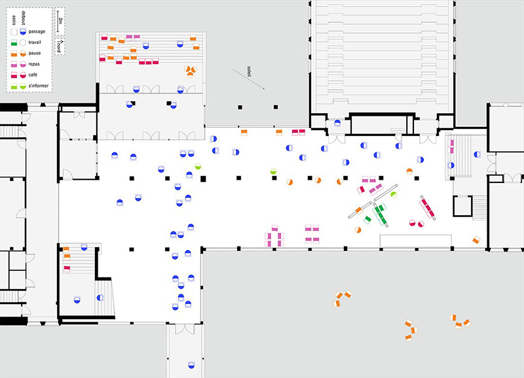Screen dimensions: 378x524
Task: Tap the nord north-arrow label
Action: tap(60, 46)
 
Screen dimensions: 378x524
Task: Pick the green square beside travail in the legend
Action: tap(13, 42)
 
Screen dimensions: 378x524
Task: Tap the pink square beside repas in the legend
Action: tap(13, 64)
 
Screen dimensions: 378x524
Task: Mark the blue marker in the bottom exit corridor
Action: tap(192, 364)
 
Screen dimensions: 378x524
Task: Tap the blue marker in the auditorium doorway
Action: tap(337, 122)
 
